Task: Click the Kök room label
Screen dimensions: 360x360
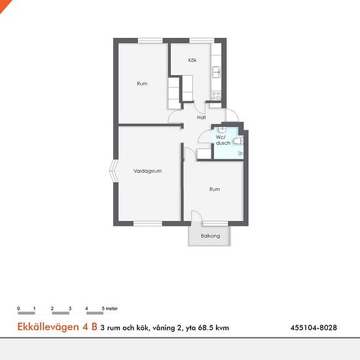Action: tap(192, 60)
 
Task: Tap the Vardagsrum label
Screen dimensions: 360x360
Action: tap(148, 171)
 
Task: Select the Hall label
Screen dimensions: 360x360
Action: tap(202, 117)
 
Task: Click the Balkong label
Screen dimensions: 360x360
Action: tap(210, 236)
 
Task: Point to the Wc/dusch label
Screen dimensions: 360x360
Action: tap(223, 140)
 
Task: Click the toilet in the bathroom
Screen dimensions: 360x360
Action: tap(238, 141)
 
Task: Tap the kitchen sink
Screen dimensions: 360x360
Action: tap(216, 72)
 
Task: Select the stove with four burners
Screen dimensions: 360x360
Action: tap(216, 96)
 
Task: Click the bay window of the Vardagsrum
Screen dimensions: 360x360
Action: tap(113, 171)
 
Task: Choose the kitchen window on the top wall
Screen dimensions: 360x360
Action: tap(202, 41)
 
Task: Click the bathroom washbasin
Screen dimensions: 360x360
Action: tap(222, 130)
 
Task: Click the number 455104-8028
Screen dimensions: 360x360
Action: tap(314, 328)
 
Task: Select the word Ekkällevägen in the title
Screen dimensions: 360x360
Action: tap(48, 327)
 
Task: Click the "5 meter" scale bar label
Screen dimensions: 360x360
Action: tap(110, 308)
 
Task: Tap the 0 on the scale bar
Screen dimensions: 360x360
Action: tap(18, 308)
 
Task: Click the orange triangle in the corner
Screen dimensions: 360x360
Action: tap(4, 4)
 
